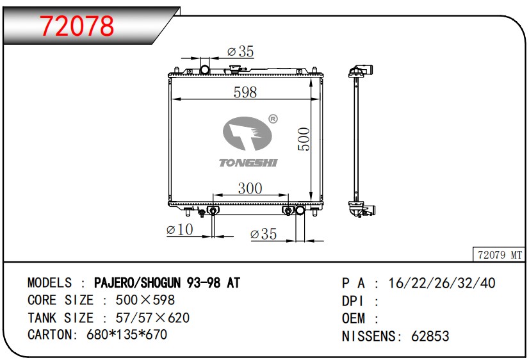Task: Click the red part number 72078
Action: click(x=77, y=26)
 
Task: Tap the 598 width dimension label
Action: click(x=245, y=92)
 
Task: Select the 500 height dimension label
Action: click(x=304, y=138)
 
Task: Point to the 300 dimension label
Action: click(x=250, y=188)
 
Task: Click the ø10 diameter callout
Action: click(x=179, y=230)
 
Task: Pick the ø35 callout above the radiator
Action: click(x=240, y=51)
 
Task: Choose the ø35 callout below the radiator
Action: click(x=263, y=234)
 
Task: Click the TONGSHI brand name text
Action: click(x=248, y=163)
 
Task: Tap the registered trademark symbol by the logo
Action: click(x=273, y=119)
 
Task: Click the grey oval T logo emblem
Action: click(x=247, y=133)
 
